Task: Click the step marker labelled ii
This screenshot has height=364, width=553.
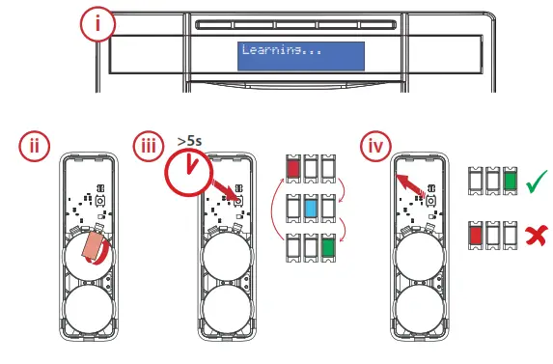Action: coord(35,148)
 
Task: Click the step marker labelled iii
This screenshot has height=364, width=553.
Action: coord(148,148)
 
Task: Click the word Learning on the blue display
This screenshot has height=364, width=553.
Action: coord(271,50)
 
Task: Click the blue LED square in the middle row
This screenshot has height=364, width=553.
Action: coord(311,209)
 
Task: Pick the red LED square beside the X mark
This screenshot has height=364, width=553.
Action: coord(474,235)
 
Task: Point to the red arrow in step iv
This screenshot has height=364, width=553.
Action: coord(414,182)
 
